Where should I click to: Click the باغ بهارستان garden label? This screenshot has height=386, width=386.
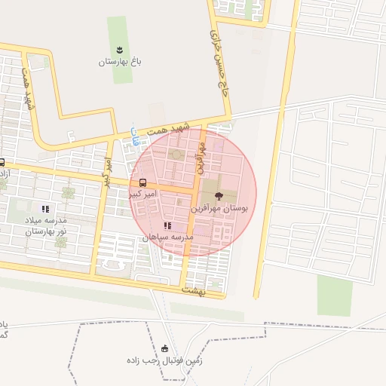(120, 63)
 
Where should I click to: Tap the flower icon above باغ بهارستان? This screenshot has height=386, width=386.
(120, 50)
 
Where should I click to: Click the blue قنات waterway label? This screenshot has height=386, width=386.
(135, 136)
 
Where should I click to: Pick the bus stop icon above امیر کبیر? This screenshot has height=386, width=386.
(142, 182)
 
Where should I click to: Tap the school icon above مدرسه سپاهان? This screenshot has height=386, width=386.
(167, 225)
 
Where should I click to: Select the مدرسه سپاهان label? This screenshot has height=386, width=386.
(167, 237)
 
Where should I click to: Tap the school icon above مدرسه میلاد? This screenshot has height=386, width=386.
(45, 209)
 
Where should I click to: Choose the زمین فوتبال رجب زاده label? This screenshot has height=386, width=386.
(165, 360)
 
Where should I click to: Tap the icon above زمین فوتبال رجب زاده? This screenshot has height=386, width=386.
(165, 348)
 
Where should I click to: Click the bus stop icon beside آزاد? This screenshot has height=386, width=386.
(2, 162)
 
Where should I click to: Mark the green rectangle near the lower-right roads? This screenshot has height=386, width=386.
(335, 295)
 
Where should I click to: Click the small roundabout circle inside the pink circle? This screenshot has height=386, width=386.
(176, 155)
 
